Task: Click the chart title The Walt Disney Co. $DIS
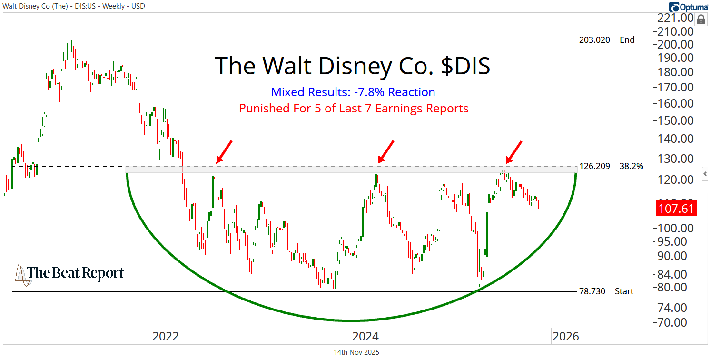pyautogui.click(x=353, y=66)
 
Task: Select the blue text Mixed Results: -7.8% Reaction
pyautogui.click(x=353, y=92)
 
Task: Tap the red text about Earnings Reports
pyautogui.click(x=354, y=108)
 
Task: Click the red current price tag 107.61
pyautogui.click(x=676, y=209)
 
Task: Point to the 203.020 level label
pyautogui.click(x=594, y=40)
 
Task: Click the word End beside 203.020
pyautogui.click(x=627, y=40)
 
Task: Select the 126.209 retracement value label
pyautogui.click(x=594, y=167)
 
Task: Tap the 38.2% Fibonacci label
pyautogui.click(x=632, y=167)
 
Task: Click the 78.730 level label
pyautogui.click(x=592, y=291)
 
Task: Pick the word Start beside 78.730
pyautogui.click(x=624, y=291)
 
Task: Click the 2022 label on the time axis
pyautogui.click(x=165, y=337)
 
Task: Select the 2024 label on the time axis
pyautogui.click(x=365, y=337)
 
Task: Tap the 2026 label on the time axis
pyautogui.click(x=566, y=337)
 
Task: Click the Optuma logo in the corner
pyautogui.click(x=688, y=7)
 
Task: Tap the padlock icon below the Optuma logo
pyautogui.click(x=701, y=20)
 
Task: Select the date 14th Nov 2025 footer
pyautogui.click(x=356, y=352)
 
